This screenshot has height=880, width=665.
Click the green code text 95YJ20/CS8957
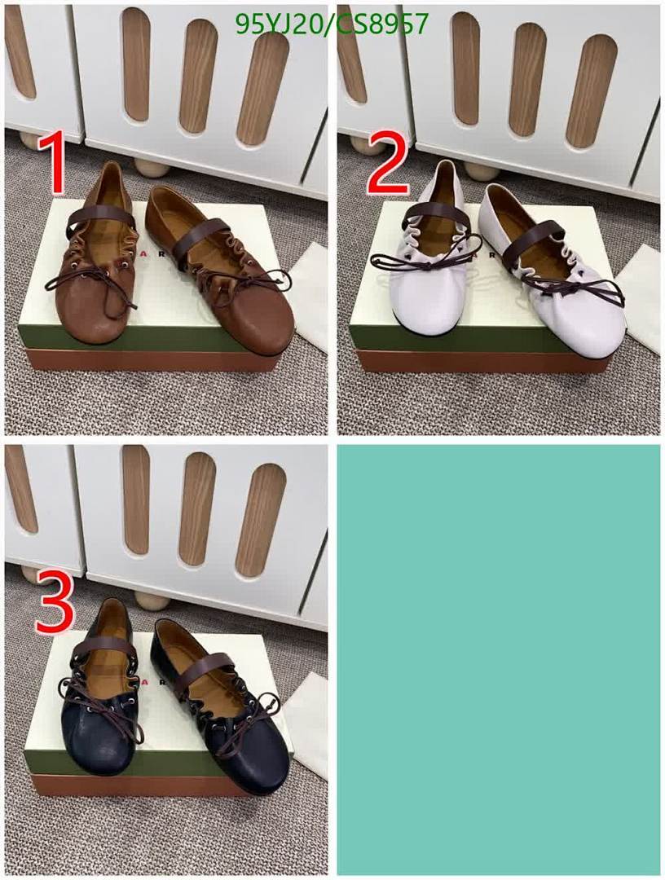click(331, 24)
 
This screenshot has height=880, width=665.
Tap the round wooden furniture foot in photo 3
click(152, 601)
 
